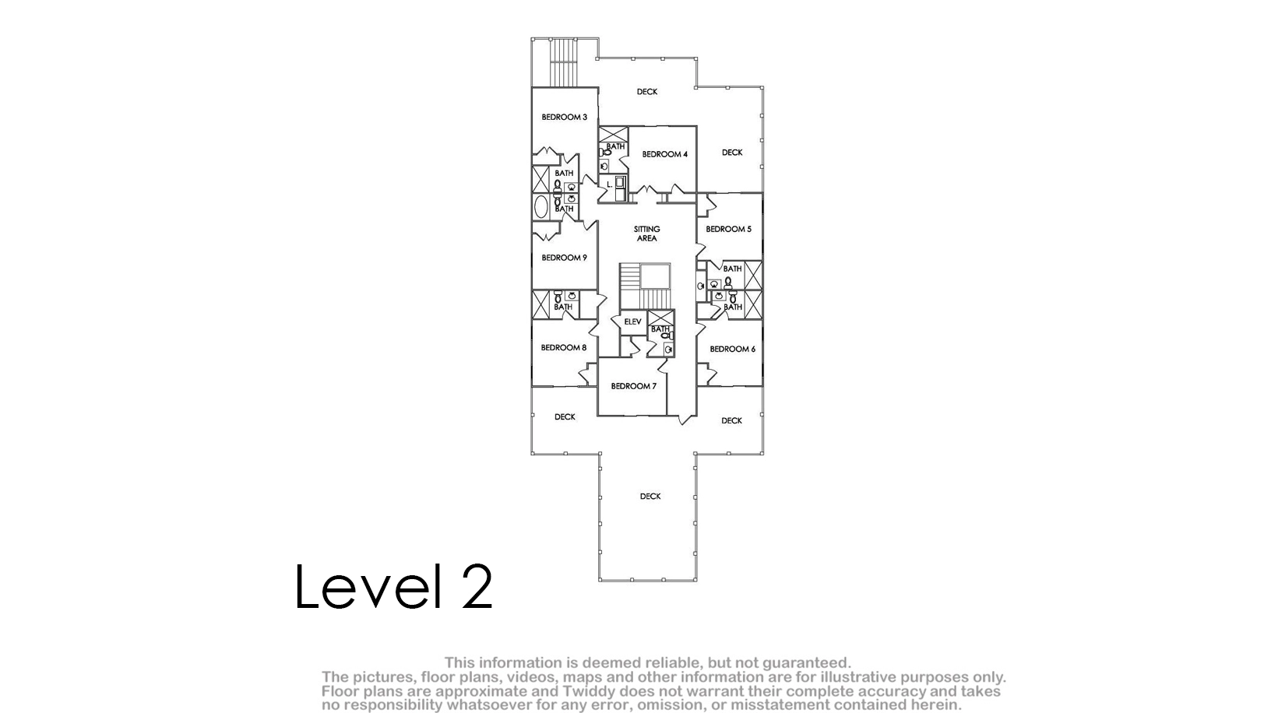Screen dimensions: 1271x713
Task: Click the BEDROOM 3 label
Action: [564, 118]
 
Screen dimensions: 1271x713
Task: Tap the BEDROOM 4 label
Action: [664, 154]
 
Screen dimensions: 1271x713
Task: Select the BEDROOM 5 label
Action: [728, 229]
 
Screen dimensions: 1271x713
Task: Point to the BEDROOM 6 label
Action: [733, 349]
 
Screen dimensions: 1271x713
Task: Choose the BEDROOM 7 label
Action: [634, 386]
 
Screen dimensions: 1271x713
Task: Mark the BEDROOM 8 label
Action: [563, 348]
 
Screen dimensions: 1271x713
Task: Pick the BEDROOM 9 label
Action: [564, 258]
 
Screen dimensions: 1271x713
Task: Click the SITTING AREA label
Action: [647, 234]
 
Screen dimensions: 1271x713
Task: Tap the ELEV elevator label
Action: [632, 321]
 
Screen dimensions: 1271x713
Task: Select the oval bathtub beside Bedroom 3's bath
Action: [540, 207]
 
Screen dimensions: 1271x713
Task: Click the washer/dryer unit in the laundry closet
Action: [620, 188]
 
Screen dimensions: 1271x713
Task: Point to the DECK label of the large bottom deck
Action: [650, 497]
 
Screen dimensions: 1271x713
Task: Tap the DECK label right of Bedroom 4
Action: [732, 153]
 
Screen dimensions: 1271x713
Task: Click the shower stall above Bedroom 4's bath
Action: [614, 135]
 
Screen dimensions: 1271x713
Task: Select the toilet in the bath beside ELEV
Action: [667, 335]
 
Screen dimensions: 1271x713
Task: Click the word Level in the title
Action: [368, 587]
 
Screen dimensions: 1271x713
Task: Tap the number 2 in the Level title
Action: [477, 587]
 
